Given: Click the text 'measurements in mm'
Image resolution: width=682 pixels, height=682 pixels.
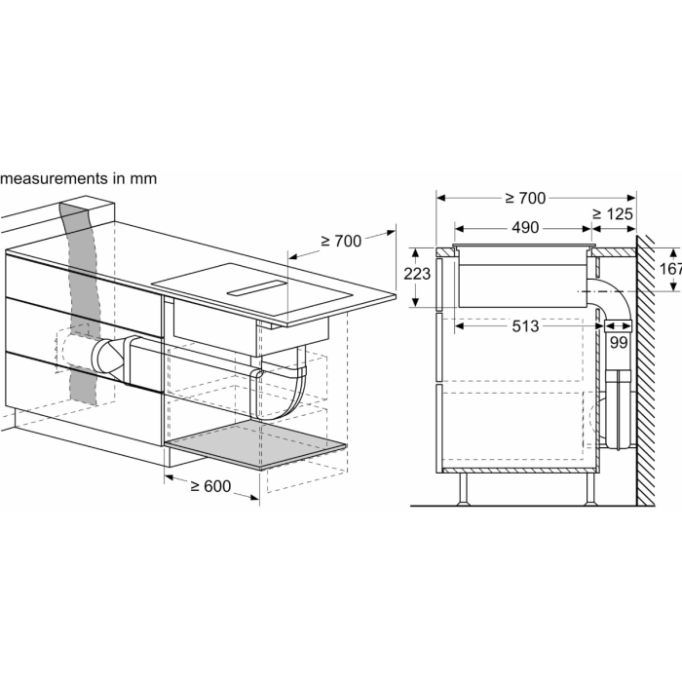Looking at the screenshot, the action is pos(78,178).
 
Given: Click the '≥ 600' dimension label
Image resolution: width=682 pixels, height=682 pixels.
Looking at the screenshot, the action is pos(211,486).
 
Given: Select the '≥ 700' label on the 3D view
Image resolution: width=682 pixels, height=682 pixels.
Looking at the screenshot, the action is pos(341,241).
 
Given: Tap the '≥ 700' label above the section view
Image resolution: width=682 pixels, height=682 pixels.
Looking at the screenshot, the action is pos(525,199).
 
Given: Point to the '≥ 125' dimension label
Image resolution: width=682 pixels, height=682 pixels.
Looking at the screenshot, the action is pos(613,214).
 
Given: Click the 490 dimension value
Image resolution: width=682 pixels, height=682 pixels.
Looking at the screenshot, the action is pos(525,227).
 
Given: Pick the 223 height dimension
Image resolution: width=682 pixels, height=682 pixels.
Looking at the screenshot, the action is pos(417,274).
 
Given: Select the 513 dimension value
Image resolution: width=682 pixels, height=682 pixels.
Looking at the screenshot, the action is pos(525,326).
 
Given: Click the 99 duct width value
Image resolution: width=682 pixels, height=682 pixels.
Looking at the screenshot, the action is pos(618,343).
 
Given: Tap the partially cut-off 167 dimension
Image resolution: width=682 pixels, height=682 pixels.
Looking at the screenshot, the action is pos(670,269).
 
